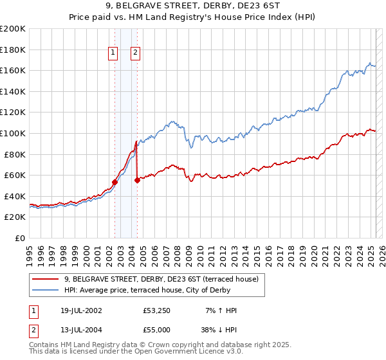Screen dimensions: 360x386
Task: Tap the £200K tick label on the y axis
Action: coord(13,29)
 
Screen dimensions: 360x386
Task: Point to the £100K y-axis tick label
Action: coord(13,133)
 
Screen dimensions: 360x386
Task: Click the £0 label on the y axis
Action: coord(20,238)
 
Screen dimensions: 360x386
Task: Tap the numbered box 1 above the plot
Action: coord(113,53)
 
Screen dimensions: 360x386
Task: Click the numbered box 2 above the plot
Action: coord(136,53)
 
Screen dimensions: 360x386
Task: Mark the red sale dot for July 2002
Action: coord(115,182)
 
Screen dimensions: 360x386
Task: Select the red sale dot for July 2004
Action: coord(137,181)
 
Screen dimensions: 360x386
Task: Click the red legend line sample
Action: coord(46,280)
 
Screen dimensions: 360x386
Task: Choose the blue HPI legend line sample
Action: coord(46,290)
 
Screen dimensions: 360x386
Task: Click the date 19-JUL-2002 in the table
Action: coord(79,310)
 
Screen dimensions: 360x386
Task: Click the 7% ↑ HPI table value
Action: coord(221,310)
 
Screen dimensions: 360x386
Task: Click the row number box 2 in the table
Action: coord(33,328)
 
